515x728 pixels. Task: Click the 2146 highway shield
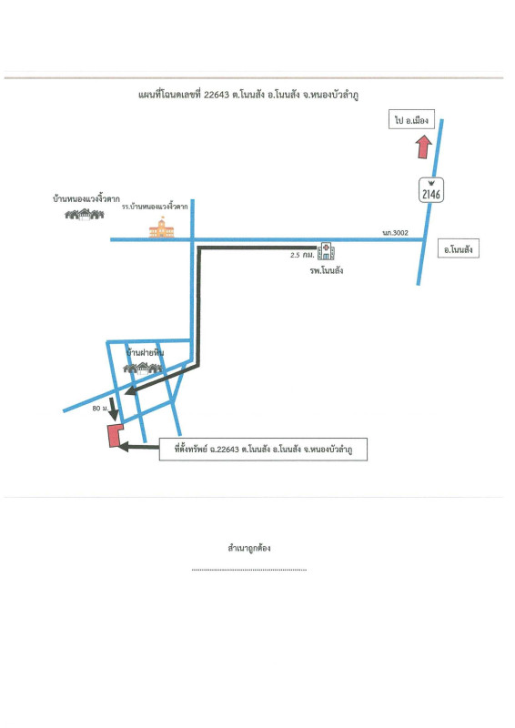coord(431,190)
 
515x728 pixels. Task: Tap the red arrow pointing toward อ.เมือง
coord(423,147)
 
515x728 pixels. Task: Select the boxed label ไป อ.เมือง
coord(411,120)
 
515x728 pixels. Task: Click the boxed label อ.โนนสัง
coord(459,248)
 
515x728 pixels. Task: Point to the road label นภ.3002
coord(395,233)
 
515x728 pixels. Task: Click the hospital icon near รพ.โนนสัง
coord(326,251)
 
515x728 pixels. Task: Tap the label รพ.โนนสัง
coord(327,270)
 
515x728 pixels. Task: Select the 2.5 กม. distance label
coord(302,255)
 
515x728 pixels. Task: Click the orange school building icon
coord(162,227)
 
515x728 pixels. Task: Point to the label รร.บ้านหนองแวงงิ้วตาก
coord(155,207)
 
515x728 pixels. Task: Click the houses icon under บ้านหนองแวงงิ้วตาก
coord(84,214)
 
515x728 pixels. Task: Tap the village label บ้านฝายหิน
coord(145,353)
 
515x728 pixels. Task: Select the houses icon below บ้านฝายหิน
coord(143,369)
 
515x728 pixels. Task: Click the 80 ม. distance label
coord(99,408)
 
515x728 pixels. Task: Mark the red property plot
coord(115,436)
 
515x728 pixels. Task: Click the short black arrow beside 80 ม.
coord(113,409)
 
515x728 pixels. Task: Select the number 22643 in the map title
coord(217,95)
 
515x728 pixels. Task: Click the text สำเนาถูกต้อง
coord(249,548)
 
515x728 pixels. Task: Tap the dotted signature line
coord(249,570)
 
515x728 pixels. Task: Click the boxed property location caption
coord(263,449)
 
